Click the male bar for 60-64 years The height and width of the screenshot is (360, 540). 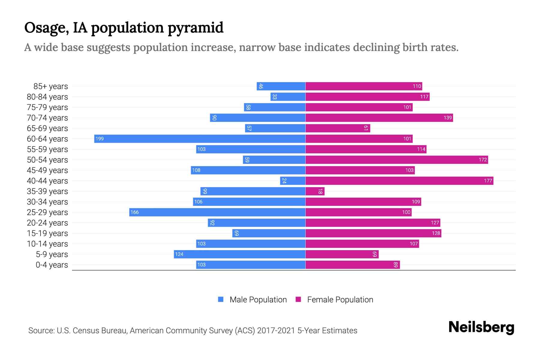click(x=200, y=139)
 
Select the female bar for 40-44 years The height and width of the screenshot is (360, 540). click(x=399, y=181)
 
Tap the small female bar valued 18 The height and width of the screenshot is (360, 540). click(x=315, y=191)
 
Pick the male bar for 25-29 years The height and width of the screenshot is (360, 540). click(x=217, y=212)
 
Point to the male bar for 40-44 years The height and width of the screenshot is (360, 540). click(x=293, y=181)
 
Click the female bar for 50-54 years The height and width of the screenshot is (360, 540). click(x=397, y=160)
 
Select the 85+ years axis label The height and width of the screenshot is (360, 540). click(x=50, y=86)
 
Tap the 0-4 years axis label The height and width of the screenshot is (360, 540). click(x=52, y=265)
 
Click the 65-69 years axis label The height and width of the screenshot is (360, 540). click(x=47, y=128)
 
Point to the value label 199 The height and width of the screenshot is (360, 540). click(x=100, y=139)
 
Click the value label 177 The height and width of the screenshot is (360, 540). click(x=488, y=181)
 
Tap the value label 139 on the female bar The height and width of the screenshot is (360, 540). click(x=447, y=118)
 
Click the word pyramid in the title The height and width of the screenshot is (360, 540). click(x=195, y=28)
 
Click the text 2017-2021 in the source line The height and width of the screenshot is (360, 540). click(x=276, y=331)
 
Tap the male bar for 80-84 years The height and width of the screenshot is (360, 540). click(x=288, y=97)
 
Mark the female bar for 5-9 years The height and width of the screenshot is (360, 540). click(x=342, y=254)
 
